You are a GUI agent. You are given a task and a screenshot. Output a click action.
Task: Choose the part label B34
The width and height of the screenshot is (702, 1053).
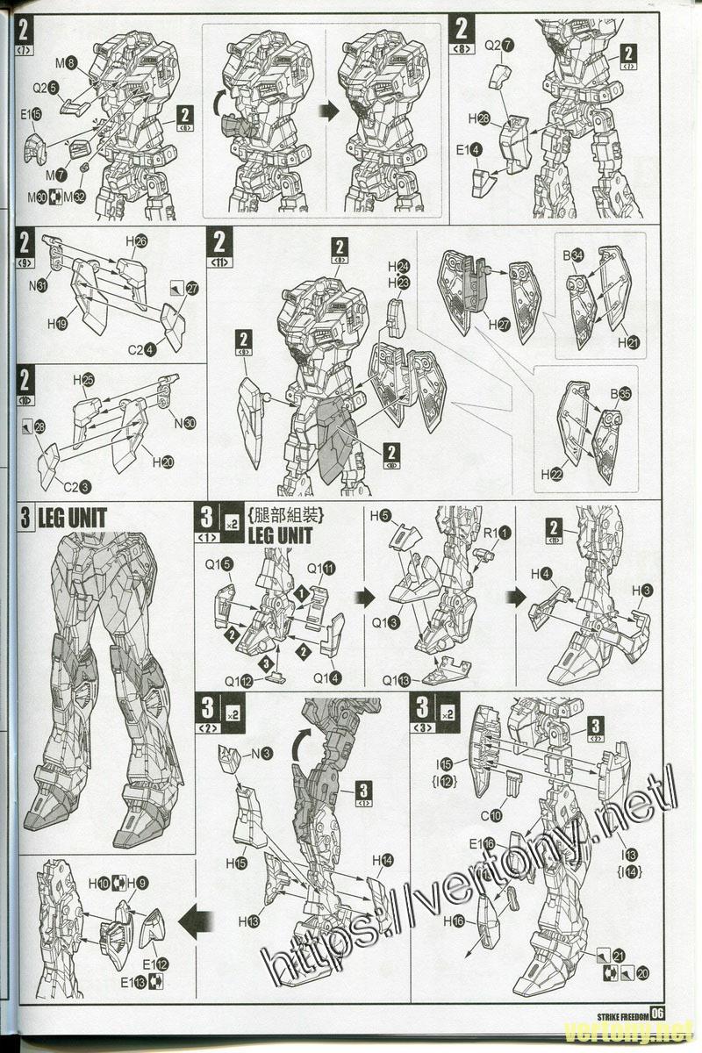click(x=573, y=255)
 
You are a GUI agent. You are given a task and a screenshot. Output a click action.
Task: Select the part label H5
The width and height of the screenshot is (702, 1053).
click(x=380, y=517)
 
